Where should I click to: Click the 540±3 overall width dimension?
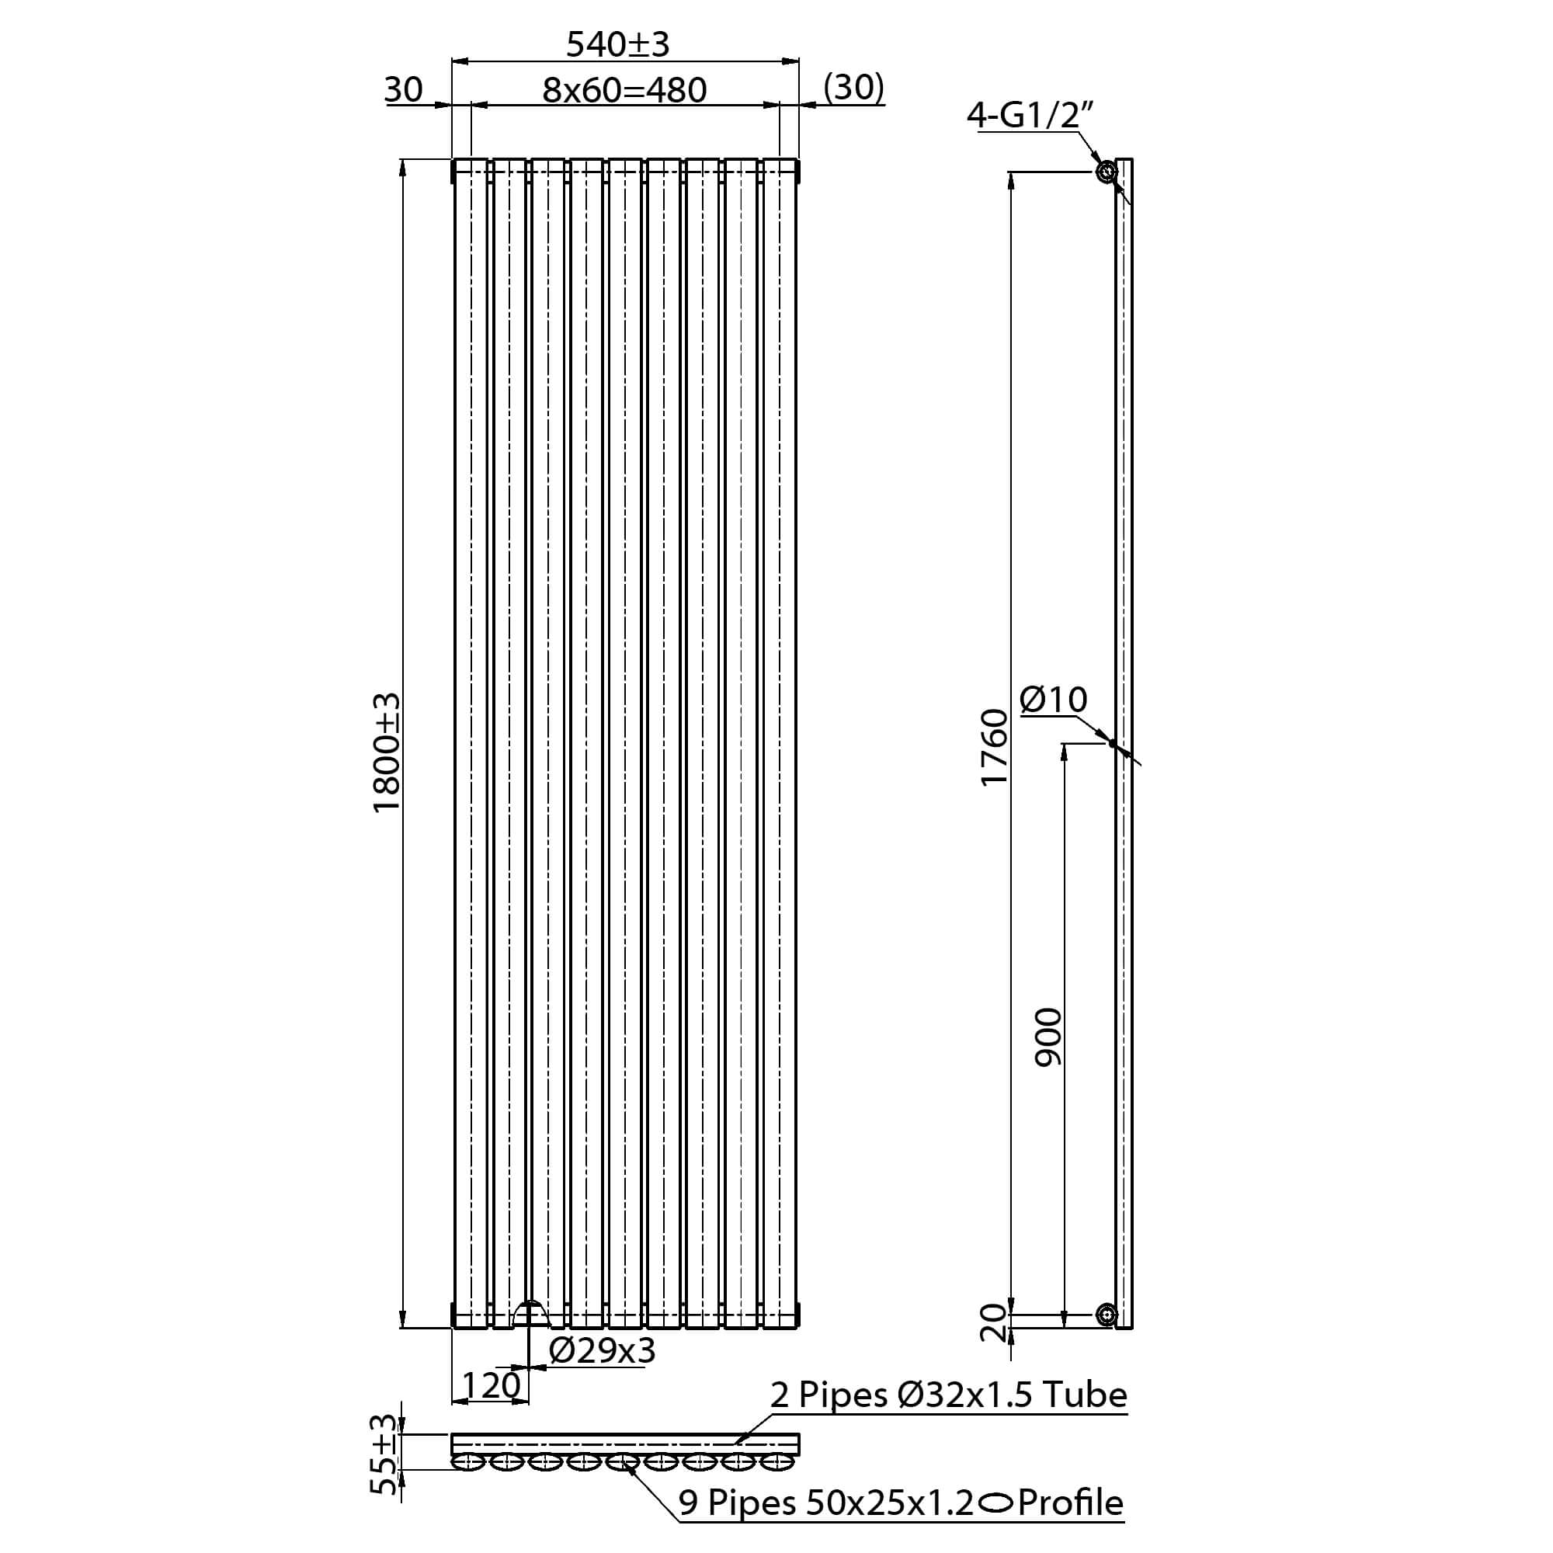pos(617,44)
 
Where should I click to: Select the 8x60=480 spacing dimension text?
pos(624,90)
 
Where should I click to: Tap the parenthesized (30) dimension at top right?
pos(853,87)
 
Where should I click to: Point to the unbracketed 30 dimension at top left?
pos(403,89)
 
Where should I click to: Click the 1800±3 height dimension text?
pos(387,753)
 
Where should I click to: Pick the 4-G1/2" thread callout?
pos(1030,116)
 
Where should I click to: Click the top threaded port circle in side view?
pos(1106,172)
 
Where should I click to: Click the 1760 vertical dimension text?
pos(995,748)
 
